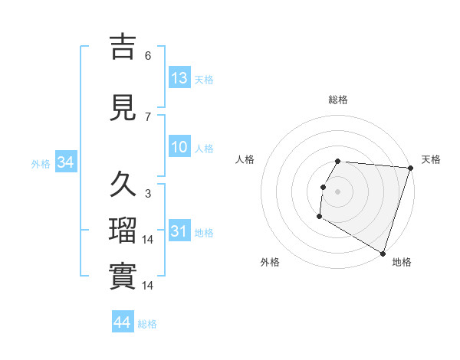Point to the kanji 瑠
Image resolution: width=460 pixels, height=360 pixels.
pyautogui.click(x=123, y=231)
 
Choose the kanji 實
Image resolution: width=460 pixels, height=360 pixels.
pyautogui.click(x=123, y=277)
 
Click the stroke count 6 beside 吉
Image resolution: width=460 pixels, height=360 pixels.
pyautogui.click(x=148, y=56)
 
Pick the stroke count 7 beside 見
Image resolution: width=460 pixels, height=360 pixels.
pyautogui.click(x=148, y=117)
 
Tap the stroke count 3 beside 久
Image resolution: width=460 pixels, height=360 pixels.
pyautogui.click(x=148, y=194)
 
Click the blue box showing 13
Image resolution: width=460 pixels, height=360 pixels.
pyautogui.click(x=179, y=78)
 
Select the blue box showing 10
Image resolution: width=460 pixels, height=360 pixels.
pyautogui.click(x=179, y=148)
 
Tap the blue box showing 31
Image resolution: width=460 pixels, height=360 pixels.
pyautogui.click(x=179, y=232)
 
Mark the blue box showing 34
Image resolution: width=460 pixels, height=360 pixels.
pyautogui.click(x=65, y=162)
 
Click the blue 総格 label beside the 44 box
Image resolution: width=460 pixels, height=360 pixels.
pyautogui.click(x=147, y=324)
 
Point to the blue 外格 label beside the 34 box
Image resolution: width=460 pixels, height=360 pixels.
pyautogui.click(x=41, y=163)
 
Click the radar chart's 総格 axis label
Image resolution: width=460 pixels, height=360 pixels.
pyautogui.click(x=338, y=100)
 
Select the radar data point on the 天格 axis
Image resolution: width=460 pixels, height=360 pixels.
pyautogui.click(x=410, y=168)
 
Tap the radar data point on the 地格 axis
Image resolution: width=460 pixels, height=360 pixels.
pyautogui.click(x=383, y=253)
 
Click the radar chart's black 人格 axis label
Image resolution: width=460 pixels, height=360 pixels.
pyautogui.click(x=245, y=159)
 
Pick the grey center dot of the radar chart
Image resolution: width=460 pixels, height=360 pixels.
pyautogui.click(x=338, y=191)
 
